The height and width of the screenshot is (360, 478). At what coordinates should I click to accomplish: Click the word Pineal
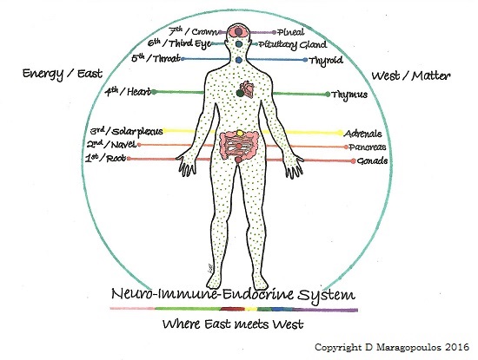coord(291,32)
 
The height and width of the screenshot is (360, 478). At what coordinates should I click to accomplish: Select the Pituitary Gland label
coord(293,45)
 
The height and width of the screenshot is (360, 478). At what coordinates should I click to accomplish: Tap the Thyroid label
coord(326,61)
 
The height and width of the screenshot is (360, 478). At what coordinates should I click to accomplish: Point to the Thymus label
coord(349,95)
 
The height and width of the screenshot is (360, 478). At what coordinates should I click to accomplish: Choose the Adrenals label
coord(362,134)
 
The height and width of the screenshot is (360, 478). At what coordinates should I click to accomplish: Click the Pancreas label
coord(368,147)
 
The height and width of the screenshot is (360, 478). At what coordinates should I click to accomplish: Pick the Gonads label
coord(372,160)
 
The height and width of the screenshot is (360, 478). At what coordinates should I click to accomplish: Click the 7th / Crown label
coord(194,31)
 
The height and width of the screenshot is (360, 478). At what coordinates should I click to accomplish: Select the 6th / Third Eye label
coord(179,43)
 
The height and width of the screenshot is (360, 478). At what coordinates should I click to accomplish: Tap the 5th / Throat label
coord(156,58)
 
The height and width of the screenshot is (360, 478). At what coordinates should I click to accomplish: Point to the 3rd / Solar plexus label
coord(127,132)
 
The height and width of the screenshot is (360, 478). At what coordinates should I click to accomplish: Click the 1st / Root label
coord(106,158)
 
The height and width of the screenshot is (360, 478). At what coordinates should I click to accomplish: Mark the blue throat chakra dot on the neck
coord(239,60)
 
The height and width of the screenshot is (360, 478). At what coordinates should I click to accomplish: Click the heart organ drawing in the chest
coord(247,89)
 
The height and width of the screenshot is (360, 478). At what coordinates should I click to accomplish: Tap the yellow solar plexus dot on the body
coord(240,133)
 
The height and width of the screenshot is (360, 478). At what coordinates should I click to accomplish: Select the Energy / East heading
coord(63,74)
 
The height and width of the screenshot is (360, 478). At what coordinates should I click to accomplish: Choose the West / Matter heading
coord(410,75)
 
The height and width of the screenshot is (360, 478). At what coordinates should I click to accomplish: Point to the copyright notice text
coord(392,347)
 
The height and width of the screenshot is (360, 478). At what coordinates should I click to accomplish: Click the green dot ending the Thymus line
coord(328,95)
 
